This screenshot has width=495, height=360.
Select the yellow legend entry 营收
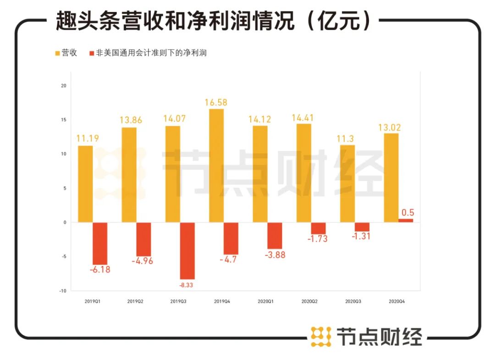pos(66,53)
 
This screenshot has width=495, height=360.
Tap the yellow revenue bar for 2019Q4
pos(216,165)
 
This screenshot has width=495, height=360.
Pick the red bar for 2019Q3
pos(187,250)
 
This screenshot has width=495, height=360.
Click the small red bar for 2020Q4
pos(405,220)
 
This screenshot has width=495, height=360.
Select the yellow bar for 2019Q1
pos(85,183)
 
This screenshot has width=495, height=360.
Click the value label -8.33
pos(187,285)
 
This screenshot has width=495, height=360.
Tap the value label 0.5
pos(407,212)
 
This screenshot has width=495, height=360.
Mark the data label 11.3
pos(348,138)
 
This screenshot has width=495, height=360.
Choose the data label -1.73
pos(318,238)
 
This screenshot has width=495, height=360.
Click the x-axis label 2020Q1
pos(266,301)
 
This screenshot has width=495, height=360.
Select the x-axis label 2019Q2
pos(135,301)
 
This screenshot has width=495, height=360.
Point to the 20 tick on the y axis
pos(64,86)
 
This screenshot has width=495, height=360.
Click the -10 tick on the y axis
pos(63,291)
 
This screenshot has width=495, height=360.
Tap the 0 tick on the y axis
pos(65,222)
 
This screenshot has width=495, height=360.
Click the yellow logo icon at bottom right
pos(321,337)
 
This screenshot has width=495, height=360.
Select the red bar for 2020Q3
pos(362,227)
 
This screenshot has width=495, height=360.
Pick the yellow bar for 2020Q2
pos(303,173)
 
